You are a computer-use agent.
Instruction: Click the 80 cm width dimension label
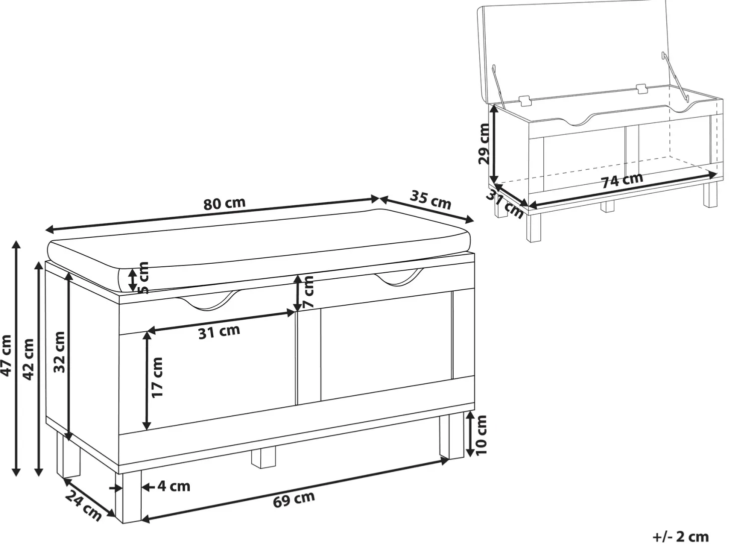pyautogui.click(x=224, y=204)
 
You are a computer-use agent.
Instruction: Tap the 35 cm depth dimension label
pyautogui.click(x=430, y=200)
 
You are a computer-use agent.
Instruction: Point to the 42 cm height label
pyautogui.click(x=29, y=359)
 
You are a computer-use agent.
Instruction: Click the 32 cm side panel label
pyautogui.click(x=59, y=352)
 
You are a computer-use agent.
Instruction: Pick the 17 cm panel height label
pyautogui.click(x=157, y=377)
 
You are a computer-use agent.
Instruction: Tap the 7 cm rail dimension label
pyautogui.click(x=308, y=291)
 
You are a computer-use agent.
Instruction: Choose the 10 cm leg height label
pyautogui.click(x=481, y=435)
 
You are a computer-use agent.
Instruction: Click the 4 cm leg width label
pyautogui.click(x=174, y=486)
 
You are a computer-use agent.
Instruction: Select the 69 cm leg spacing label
pyautogui.click(x=294, y=499)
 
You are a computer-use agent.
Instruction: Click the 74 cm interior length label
pyautogui.click(x=622, y=180)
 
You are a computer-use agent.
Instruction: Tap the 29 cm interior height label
pyautogui.click(x=484, y=144)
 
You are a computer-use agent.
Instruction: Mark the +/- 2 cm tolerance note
pyautogui.click(x=681, y=537)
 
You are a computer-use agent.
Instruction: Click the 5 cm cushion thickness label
pyautogui.click(x=143, y=277)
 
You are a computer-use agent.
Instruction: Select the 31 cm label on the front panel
pyautogui.click(x=219, y=331)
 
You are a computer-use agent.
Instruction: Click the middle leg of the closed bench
pyautogui.click(x=263, y=459)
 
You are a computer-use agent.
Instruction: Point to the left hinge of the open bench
pyautogui.click(x=525, y=101)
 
